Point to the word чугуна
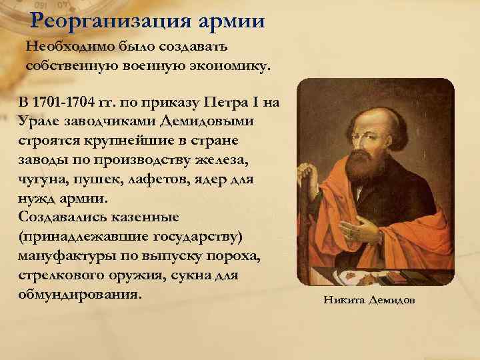[42, 179]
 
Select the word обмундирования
[80, 294]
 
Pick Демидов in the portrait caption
[389, 300]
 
